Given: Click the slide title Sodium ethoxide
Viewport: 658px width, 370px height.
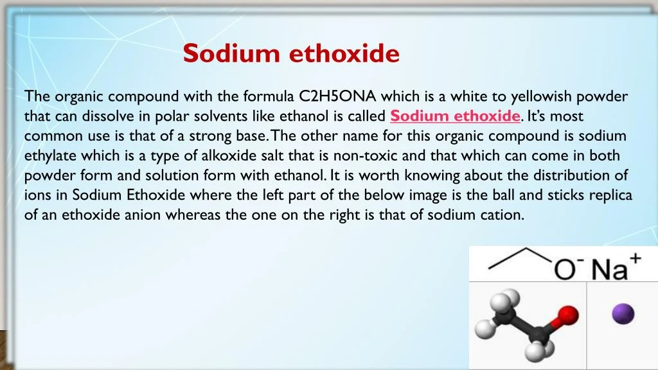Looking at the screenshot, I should coord(291,54).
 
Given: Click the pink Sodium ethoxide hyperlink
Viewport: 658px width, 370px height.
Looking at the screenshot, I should coord(455,116).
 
